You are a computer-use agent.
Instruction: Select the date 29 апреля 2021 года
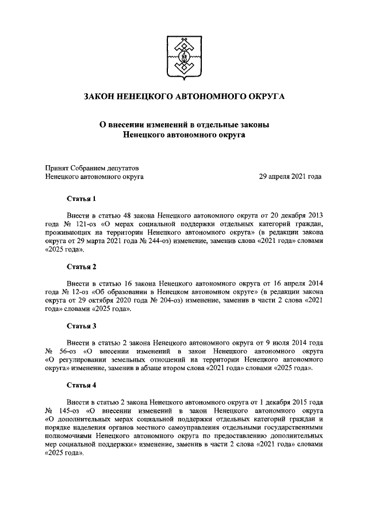pos(290,177)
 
